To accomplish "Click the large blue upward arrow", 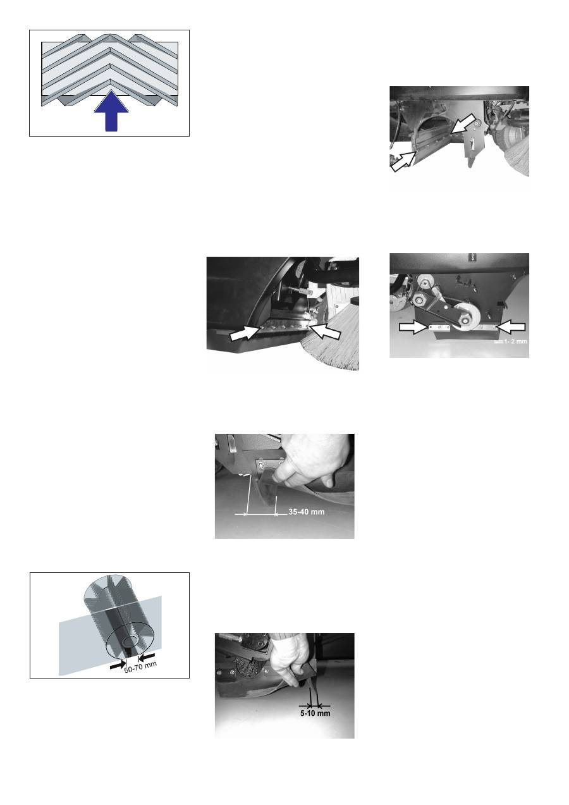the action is coord(111,111).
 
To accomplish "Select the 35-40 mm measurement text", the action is coord(307,512).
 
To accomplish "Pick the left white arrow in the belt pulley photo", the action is coord(414,327).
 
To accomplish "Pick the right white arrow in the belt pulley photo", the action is coord(510,327).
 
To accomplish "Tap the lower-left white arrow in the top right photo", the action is coord(403,161).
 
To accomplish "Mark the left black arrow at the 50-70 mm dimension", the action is coord(118,665).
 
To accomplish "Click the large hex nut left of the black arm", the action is coord(420,298).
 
